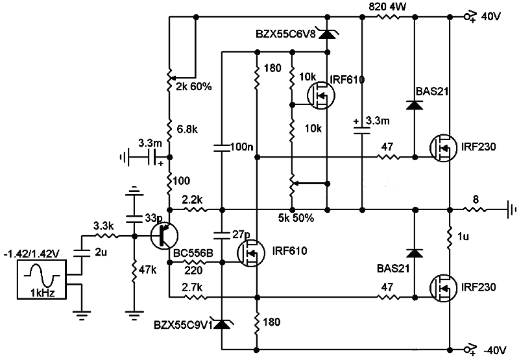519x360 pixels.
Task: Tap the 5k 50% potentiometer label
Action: coord(295,218)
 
